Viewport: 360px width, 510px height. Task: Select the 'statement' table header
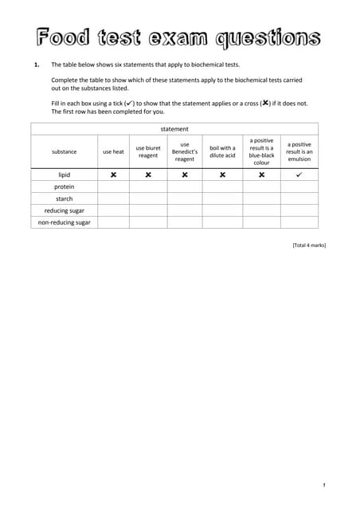174,128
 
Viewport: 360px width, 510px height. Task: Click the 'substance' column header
65,151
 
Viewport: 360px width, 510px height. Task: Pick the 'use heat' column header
113,151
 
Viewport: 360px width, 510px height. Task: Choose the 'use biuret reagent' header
148,151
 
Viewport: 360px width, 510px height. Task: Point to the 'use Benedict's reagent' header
185,151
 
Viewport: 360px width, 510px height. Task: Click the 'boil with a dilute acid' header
222,151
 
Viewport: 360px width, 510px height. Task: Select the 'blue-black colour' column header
261,151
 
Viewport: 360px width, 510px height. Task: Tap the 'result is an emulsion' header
299,151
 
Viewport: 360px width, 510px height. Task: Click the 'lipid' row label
65,175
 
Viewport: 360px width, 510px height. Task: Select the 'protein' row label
65,186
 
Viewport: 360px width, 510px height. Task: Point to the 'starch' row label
65,198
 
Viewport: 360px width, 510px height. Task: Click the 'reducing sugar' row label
65,210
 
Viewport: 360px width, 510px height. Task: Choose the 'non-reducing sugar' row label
65,222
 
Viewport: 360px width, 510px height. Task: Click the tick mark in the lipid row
299,175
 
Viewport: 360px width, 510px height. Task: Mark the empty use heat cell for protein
113,186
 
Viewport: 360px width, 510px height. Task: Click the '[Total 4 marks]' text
309,245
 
